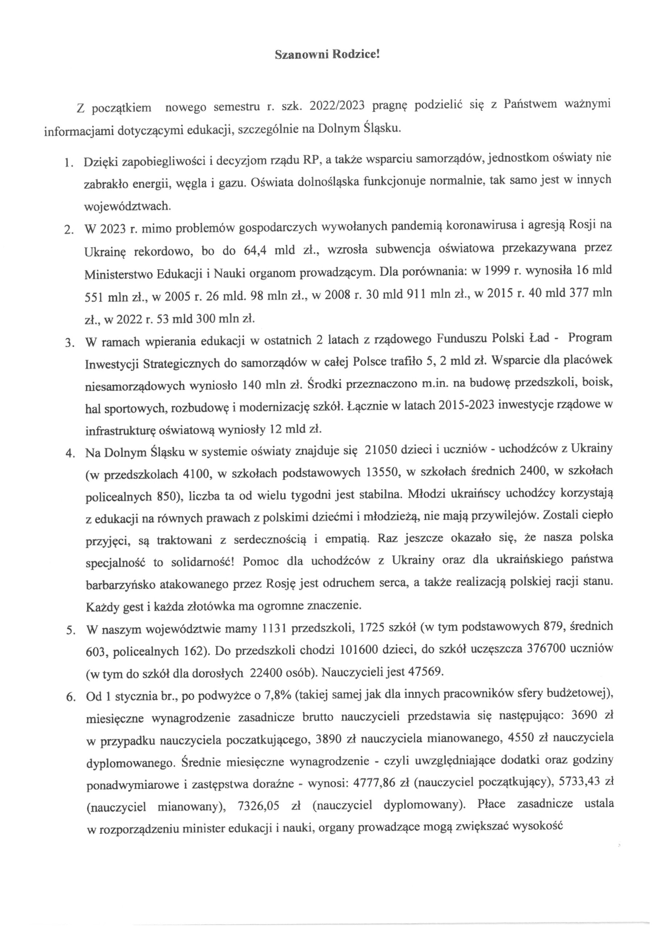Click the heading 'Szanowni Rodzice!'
[x=327, y=55]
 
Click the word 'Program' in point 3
[x=590, y=338]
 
